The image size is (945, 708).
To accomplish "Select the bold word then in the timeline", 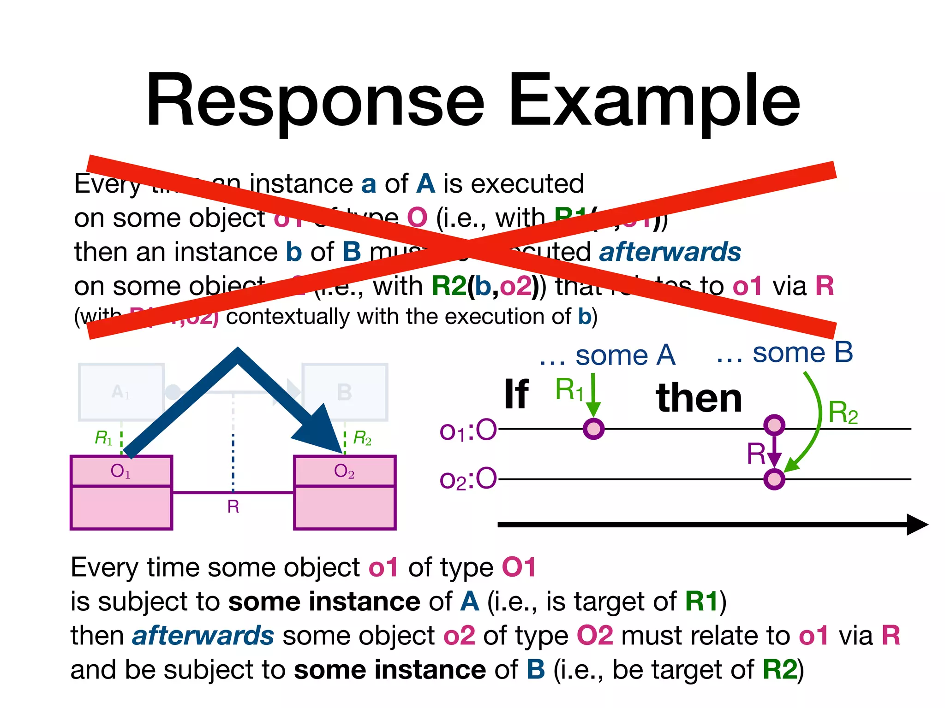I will [699, 398].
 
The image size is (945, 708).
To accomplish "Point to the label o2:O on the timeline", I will [468, 479].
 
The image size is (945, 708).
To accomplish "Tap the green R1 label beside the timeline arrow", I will [569, 389].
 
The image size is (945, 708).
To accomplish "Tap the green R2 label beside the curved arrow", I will [843, 413].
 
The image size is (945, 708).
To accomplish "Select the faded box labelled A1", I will [121, 392].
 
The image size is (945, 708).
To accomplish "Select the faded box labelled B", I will [345, 392].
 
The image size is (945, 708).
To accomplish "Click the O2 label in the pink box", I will [344, 471].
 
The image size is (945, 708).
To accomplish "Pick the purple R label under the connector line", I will [233, 507].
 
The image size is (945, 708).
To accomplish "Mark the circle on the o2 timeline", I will [774, 479].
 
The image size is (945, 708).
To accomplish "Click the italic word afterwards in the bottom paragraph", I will [203, 636].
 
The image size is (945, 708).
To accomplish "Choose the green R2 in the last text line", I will [780, 670].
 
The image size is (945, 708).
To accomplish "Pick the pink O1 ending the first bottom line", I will [519, 567].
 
